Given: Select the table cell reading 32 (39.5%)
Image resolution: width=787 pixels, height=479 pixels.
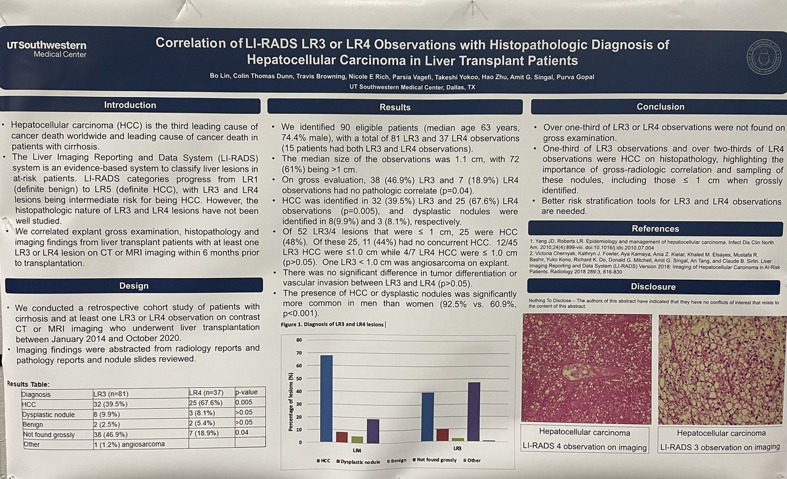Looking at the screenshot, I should (x=111, y=405).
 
